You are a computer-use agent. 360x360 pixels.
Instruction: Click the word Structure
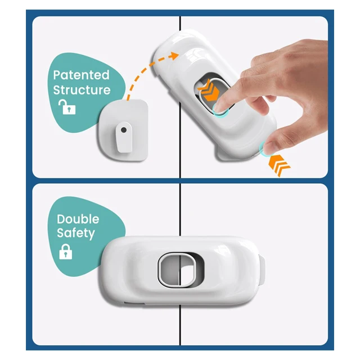[82, 89]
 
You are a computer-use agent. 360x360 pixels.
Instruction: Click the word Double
[78, 219]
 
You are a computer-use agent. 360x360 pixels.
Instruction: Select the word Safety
[76, 233]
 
